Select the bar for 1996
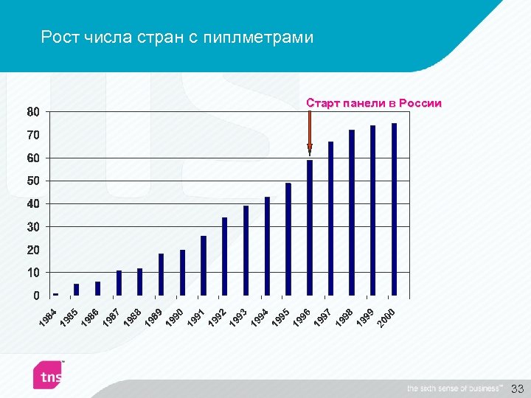point(310,228)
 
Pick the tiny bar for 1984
point(55,294)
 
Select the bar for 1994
point(267,246)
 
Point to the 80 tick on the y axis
point(33,113)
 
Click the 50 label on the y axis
point(33,181)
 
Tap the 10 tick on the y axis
point(33,273)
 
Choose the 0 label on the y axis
point(36,296)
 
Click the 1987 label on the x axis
point(112,317)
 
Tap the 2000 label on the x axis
point(387,318)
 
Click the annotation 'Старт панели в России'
point(374,103)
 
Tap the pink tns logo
point(48,375)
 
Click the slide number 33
point(517,388)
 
